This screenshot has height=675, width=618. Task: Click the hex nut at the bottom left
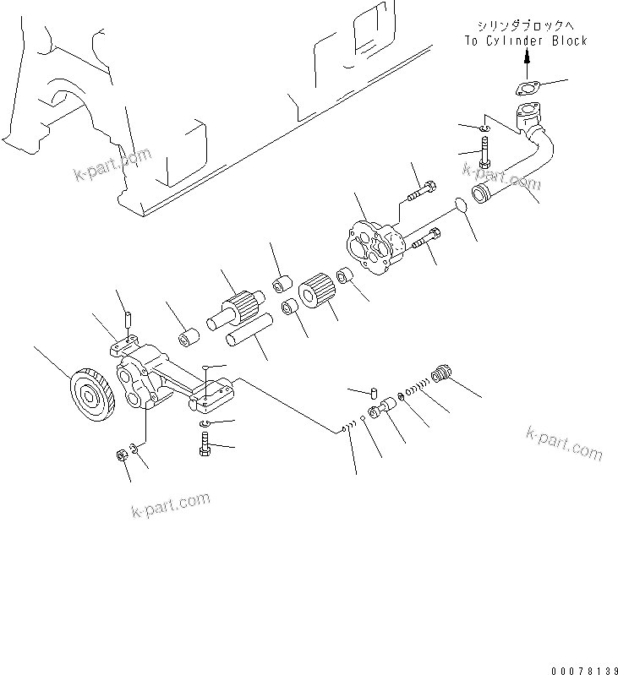tap(122, 457)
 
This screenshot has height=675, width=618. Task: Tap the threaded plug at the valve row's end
tap(440, 374)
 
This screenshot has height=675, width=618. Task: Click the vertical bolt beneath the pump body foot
tap(206, 444)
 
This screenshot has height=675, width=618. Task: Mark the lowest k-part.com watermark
tap(171, 505)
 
